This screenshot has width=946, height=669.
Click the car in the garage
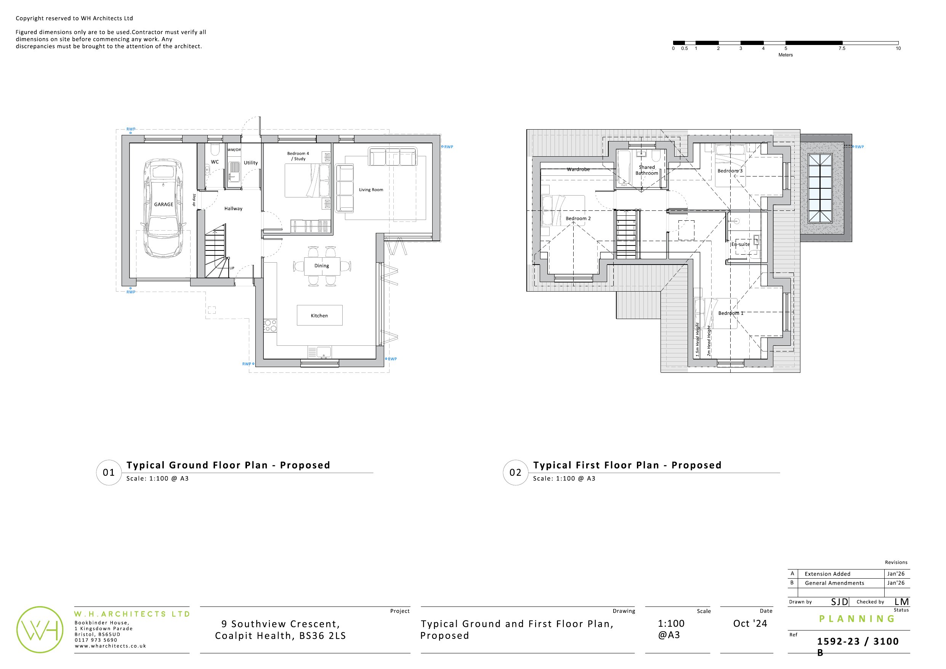[164, 209]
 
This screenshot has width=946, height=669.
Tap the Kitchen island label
[319, 316]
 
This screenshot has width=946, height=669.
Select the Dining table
[322, 266]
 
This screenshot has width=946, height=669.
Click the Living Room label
[371, 189]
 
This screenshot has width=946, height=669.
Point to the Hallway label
[233, 209]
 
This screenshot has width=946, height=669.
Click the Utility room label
[250, 163]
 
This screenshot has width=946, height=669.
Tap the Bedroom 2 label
[578, 218]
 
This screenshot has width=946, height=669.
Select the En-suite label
[741, 244]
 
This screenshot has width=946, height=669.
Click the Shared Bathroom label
[646, 170]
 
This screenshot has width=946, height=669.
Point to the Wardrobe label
[578, 169]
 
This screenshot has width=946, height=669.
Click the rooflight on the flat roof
[820, 188]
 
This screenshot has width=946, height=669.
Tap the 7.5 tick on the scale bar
[842, 48]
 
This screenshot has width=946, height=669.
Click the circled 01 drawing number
[109, 472]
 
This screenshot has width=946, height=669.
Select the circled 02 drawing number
[515, 472]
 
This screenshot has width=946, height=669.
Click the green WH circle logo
[40, 629]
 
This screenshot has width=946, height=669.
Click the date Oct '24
[750, 624]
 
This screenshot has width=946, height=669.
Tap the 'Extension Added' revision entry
[827, 574]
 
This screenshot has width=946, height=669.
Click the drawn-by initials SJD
[839, 602]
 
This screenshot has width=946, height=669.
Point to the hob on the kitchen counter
[270, 326]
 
